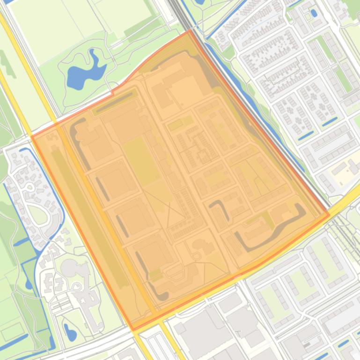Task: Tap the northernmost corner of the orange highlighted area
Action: [190, 31]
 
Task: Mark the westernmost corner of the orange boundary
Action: [31, 136]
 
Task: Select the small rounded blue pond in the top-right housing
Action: [313, 13]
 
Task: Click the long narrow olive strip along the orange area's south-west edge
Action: [89, 215]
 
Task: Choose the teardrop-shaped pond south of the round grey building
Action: [70, 332]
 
